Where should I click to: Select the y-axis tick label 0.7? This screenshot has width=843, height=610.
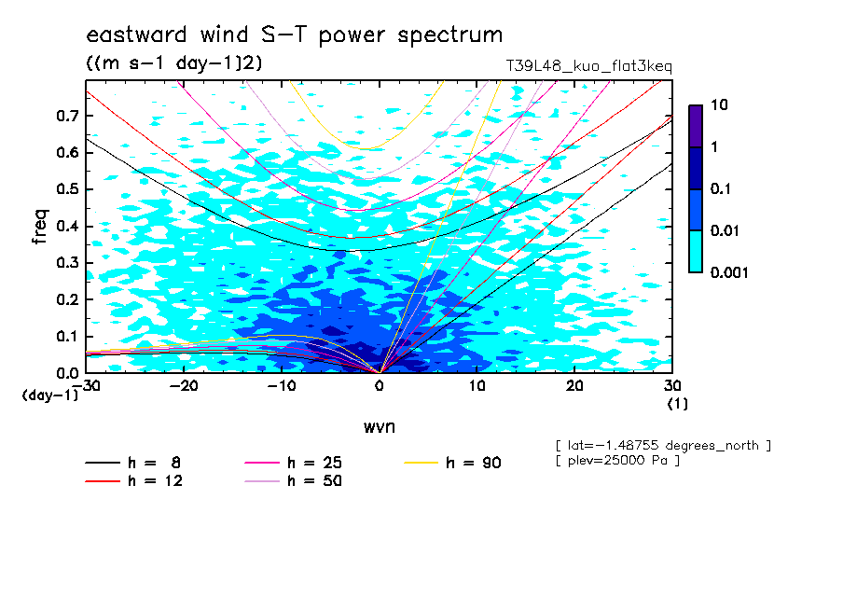67,116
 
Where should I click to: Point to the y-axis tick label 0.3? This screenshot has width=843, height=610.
67,262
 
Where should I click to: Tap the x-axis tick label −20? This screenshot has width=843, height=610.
184,386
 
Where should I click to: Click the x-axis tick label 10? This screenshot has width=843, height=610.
477,386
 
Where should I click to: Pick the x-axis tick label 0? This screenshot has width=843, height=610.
380,386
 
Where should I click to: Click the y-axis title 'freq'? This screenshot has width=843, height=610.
40,227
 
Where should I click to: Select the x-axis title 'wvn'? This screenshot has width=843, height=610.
380,427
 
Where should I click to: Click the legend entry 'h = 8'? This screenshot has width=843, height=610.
132,463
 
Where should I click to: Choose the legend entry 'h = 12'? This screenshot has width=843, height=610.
134,481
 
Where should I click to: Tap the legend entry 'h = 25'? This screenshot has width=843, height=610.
294,463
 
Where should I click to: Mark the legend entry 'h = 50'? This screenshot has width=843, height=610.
294,481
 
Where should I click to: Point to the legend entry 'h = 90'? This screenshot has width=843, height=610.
452,463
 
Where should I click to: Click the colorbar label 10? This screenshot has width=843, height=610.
719,104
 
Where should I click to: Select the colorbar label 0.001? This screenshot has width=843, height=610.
729,272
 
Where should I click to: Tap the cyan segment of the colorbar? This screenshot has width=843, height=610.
696,252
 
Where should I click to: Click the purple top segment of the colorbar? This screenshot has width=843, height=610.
696,127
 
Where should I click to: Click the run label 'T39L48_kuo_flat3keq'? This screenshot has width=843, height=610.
588,66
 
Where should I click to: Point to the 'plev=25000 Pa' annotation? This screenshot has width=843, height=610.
617,461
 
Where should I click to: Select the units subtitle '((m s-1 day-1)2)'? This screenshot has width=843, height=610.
174,63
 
